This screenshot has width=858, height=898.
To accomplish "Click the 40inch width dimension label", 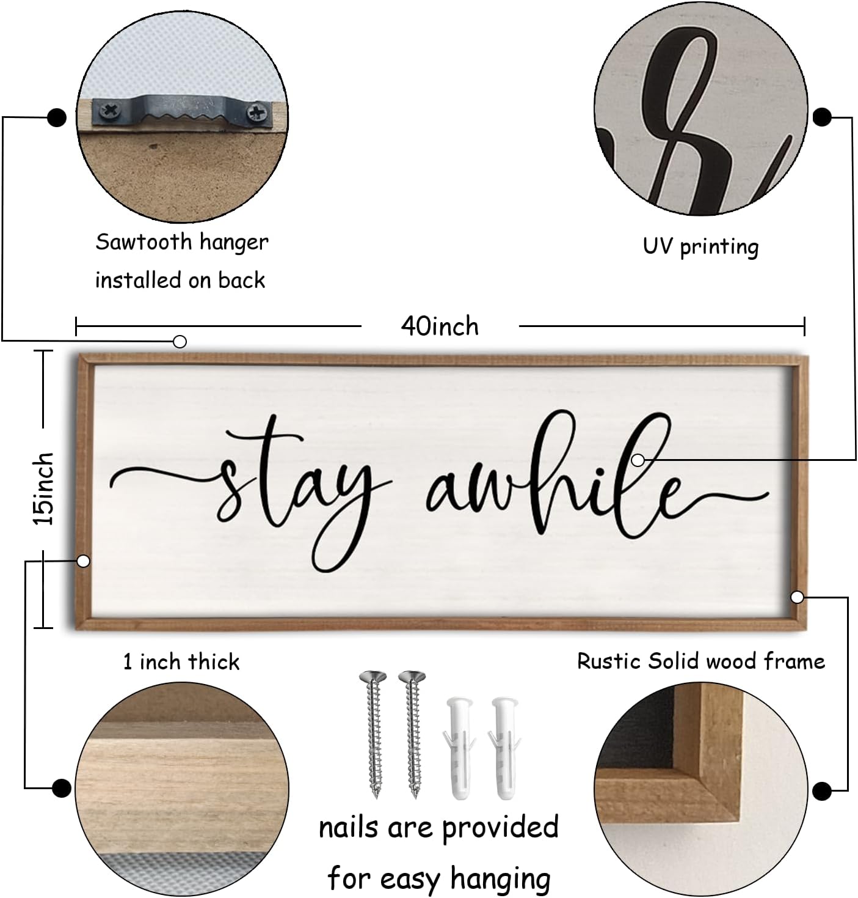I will tap(440, 326).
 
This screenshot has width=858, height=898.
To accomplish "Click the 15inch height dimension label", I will tap(44, 488).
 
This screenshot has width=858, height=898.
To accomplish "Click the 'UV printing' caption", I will tap(700, 247).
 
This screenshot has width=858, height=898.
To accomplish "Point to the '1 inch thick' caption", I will tap(181, 662).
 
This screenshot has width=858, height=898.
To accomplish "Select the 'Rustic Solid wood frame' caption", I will tap(701, 661).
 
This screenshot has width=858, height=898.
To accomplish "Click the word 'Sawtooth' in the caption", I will tap(144, 242).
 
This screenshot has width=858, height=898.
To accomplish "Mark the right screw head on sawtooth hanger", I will tap(256, 112).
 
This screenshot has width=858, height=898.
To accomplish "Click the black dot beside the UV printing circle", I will tap(822, 117).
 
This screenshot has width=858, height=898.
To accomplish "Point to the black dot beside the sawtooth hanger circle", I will tap(57, 117).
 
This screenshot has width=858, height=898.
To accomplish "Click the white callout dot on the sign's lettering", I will tap(638, 460).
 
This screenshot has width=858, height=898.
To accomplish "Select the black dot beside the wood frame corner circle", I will tap(822, 790).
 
